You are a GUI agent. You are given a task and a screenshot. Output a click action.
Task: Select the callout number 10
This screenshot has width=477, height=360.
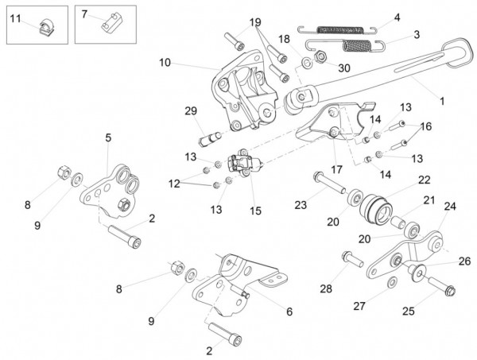164,62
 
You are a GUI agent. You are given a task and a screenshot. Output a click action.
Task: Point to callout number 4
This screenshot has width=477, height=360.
397,16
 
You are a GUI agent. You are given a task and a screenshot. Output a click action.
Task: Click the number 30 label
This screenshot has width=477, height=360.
343,68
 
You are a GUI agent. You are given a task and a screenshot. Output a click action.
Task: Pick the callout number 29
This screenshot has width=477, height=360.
190,110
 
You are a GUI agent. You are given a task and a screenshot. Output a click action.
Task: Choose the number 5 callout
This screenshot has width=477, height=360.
108,137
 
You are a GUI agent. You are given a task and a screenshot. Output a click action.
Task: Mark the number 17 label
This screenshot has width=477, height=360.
337,169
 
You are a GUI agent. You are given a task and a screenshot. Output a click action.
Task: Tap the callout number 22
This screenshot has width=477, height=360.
424,180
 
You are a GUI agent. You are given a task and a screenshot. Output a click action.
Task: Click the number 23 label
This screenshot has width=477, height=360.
300,204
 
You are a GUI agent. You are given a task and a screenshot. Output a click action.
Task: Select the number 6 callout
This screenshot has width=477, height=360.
289,312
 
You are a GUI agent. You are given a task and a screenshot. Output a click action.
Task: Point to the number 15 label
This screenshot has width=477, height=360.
255,211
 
